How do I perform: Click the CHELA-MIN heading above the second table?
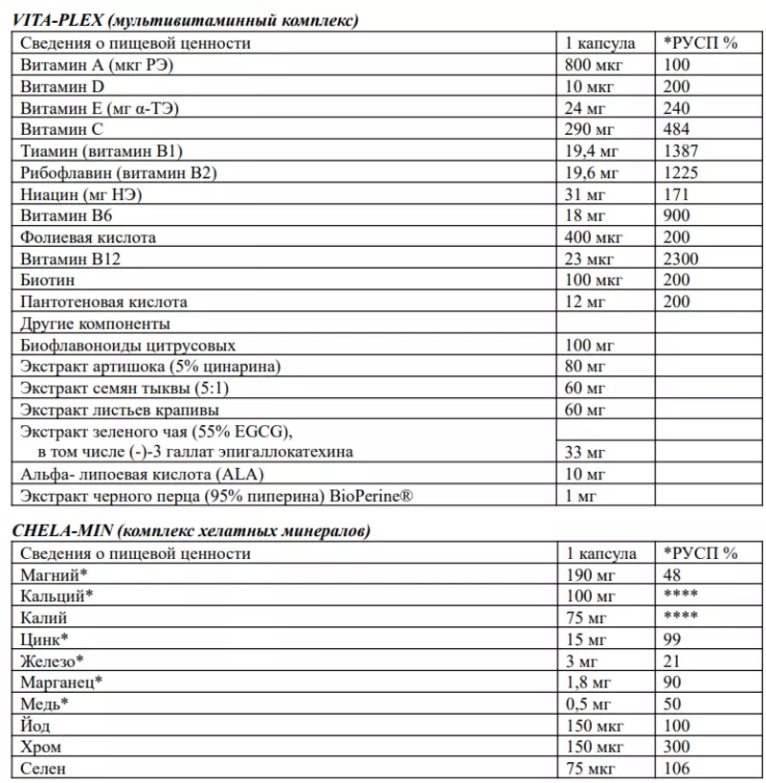coord(191,530)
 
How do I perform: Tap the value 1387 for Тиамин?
coord(681,151)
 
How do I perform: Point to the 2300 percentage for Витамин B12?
coord(681,258)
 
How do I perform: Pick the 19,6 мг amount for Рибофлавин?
coord(593,172)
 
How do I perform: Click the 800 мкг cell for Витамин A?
coord(596,65)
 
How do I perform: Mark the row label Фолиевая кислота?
coord(88,237)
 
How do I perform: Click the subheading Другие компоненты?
coord(95,324)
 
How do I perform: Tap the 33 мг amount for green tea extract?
coord(586,452)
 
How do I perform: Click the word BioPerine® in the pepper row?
coord(378,496)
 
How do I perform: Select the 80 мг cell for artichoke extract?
coord(586,367)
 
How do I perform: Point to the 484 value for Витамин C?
coord(676,129)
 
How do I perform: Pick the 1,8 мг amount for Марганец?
coord(589,682)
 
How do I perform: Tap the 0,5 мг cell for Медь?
coord(589,704)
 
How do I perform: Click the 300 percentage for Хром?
coord(676,747)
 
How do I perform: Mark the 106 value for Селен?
coord(676,768)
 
